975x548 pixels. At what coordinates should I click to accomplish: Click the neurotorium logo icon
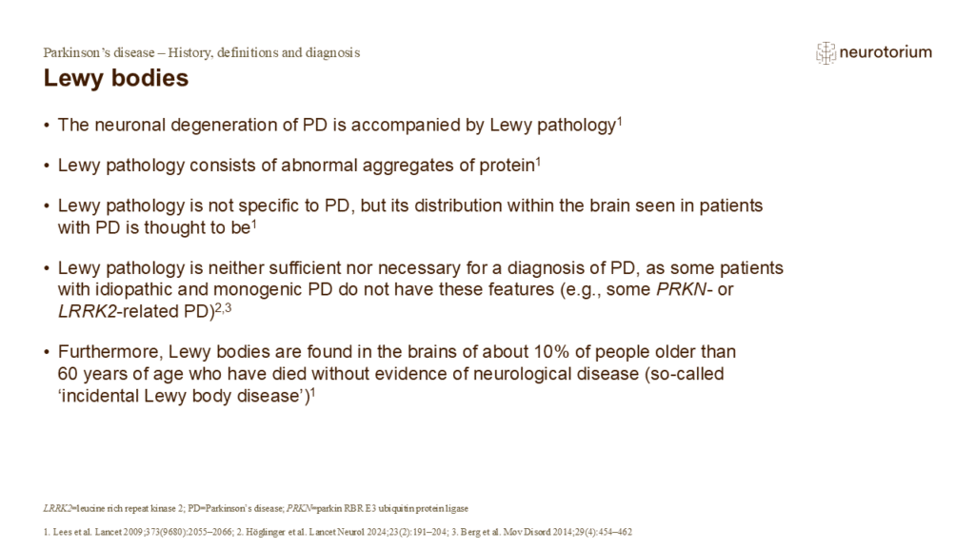tap(826, 53)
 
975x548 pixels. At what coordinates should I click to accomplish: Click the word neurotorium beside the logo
tap(885, 53)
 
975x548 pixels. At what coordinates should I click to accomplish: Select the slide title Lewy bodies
tap(115, 79)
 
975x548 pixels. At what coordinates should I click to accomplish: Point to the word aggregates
tap(418, 165)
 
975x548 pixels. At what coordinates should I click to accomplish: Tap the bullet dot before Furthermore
tap(48, 352)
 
